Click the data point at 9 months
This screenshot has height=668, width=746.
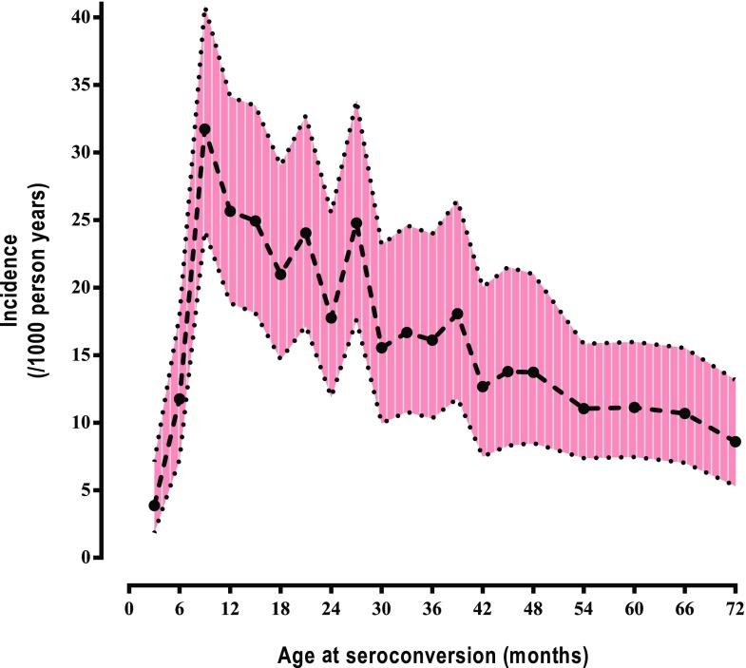pos(204,129)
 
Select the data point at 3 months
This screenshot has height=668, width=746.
pos(154,506)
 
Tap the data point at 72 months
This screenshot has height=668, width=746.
pos(735,442)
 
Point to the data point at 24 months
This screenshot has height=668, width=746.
pos(331,317)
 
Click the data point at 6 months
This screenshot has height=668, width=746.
pos(180,400)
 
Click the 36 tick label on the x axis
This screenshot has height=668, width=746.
pos(431,607)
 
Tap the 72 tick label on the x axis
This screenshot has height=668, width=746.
pos(735,607)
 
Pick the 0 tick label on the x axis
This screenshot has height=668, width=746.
pos(129,607)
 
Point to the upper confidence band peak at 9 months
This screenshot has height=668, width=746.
pos(204,10)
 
